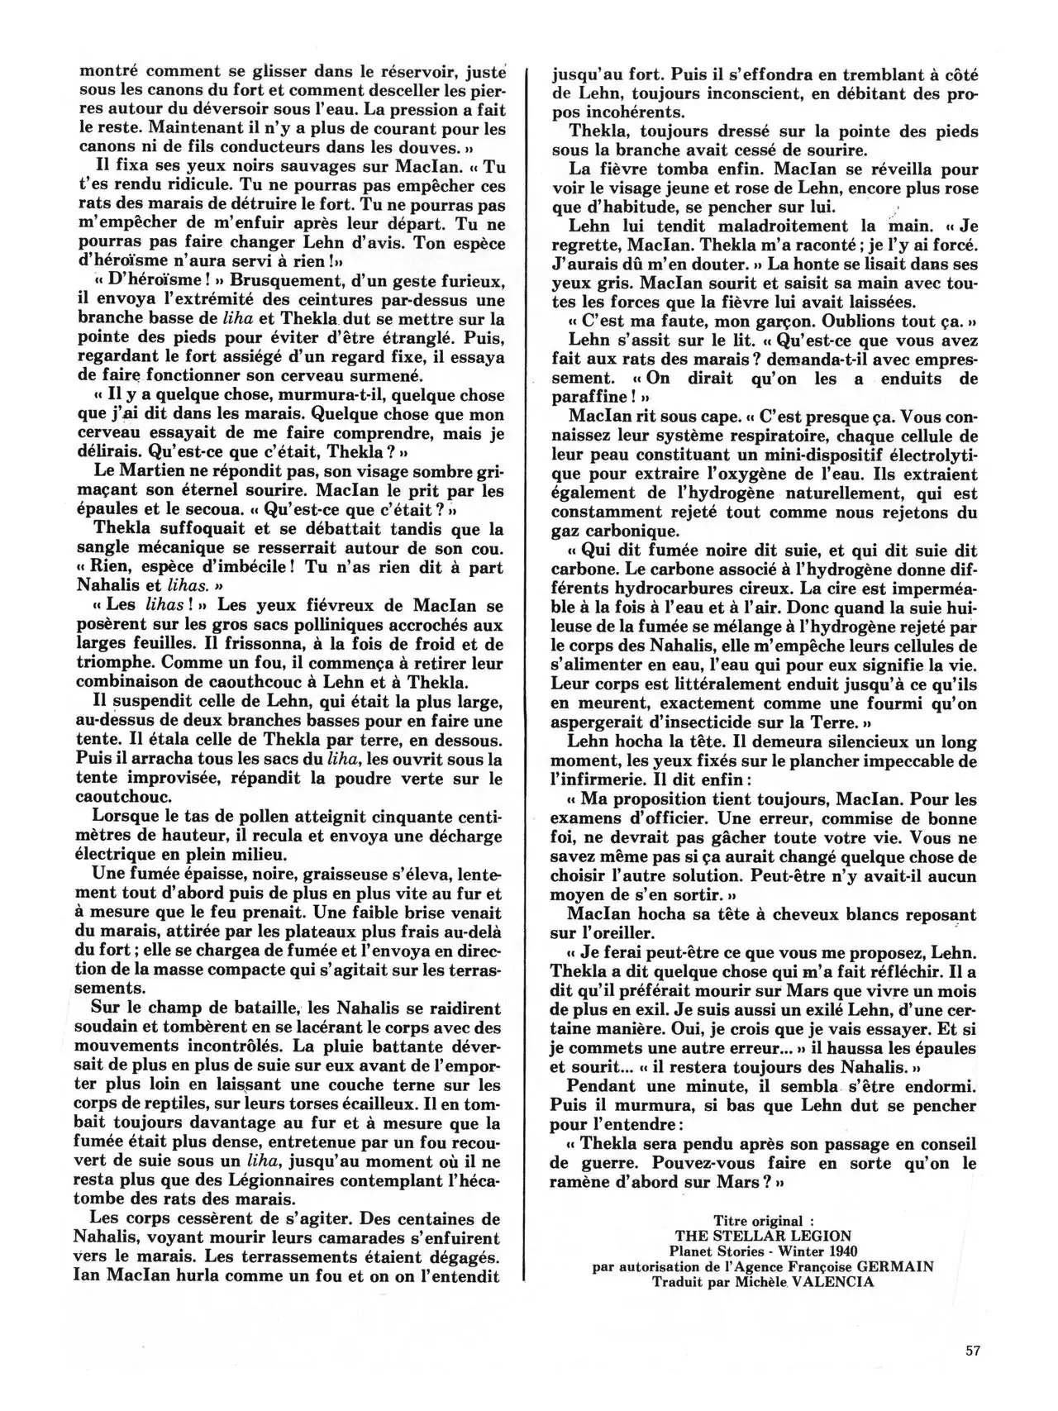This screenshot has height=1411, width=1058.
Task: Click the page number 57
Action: (x=972, y=1351)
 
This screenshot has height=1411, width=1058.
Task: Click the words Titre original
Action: (x=757, y=1221)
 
